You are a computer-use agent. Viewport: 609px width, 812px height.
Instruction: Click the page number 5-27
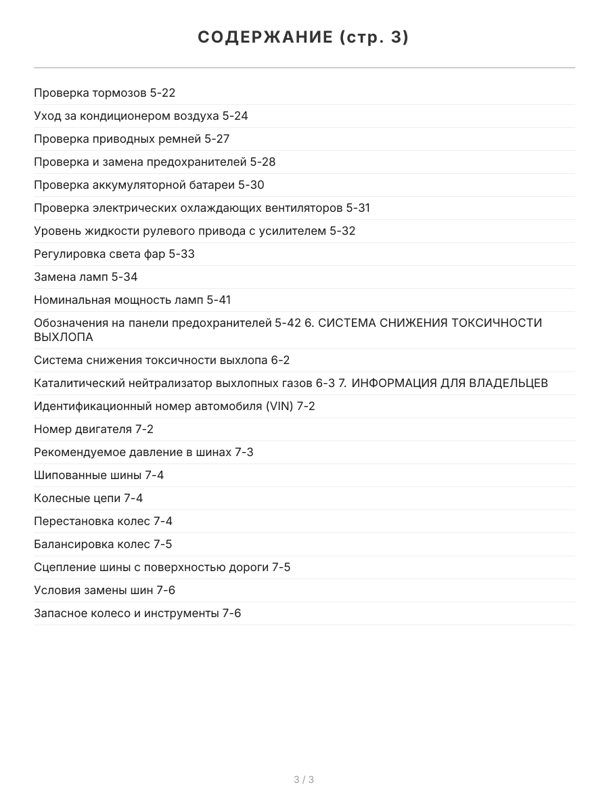[x=217, y=139]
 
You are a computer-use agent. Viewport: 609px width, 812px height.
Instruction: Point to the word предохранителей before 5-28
[x=203, y=162]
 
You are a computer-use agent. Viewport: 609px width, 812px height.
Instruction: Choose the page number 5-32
[x=342, y=231]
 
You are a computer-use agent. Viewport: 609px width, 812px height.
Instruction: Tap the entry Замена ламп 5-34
[x=86, y=277]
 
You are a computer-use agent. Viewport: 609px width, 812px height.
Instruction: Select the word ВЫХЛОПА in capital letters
[x=64, y=337]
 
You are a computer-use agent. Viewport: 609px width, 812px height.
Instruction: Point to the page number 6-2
[x=280, y=360]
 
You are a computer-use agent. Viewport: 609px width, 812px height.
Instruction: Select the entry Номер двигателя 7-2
[x=93, y=429]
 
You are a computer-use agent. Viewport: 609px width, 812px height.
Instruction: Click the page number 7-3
[x=244, y=452]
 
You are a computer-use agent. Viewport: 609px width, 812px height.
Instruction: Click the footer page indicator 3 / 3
[x=304, y=780]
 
